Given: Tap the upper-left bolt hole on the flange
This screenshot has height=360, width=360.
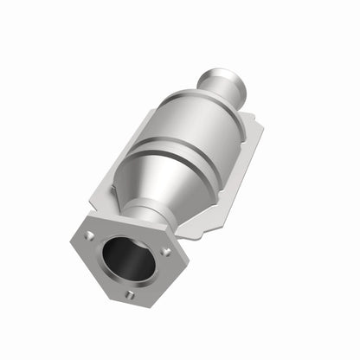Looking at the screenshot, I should [x=90, y=234].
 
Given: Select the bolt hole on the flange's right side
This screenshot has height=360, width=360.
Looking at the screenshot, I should [x=164, y=252].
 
